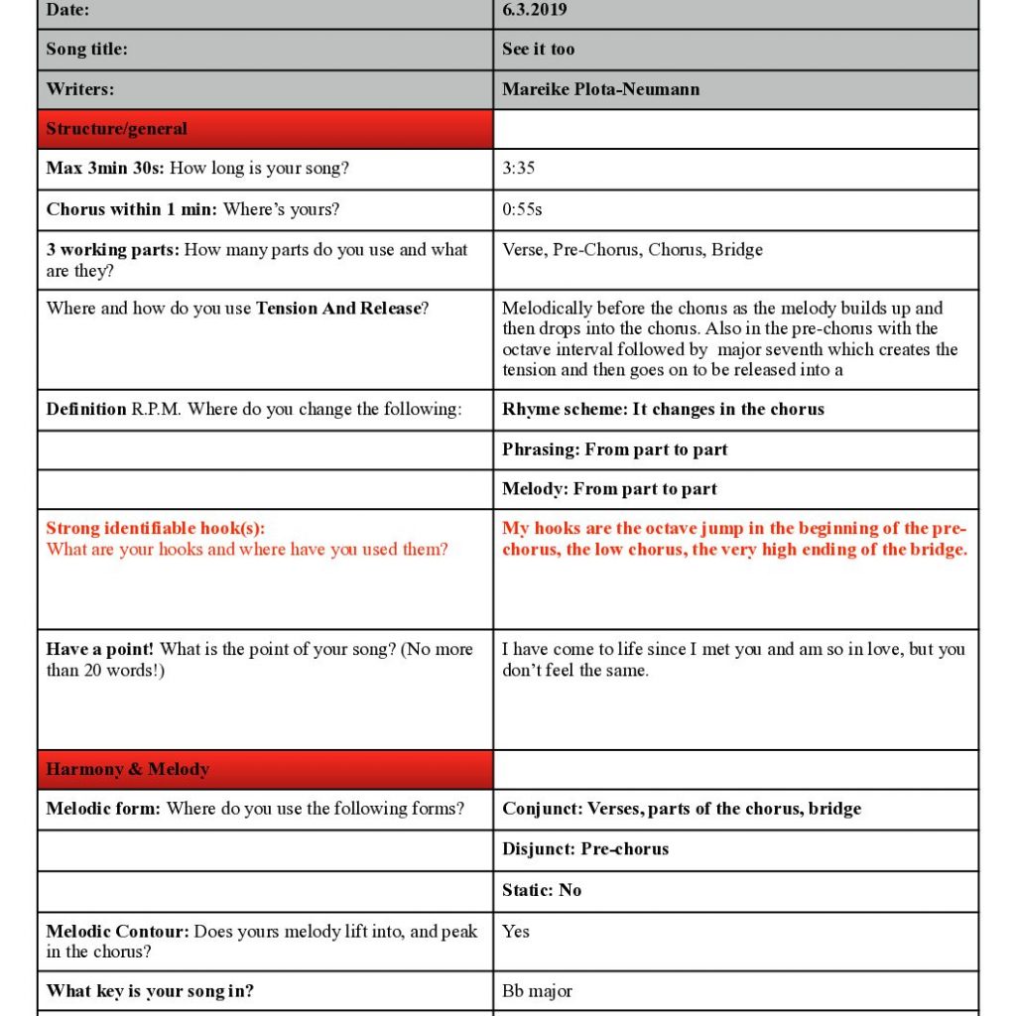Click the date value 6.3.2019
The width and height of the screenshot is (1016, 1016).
click(535, 10)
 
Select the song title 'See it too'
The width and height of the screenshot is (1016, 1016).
click(538, 50)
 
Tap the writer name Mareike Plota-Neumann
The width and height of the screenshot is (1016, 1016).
click(600, 89)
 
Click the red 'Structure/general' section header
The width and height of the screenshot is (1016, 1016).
click(116, 129)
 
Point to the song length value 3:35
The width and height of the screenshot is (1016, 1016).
click(518, 169)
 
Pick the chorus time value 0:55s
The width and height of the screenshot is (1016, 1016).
click(522, 209)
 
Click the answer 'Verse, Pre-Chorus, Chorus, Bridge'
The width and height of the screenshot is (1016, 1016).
click(632, 250)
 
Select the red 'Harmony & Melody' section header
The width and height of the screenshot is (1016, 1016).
click(127, 769)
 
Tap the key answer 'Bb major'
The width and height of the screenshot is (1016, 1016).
click(537, 991)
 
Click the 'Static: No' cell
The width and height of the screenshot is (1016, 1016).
click(542, 890)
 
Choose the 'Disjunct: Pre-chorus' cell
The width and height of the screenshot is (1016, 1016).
click(585, 849)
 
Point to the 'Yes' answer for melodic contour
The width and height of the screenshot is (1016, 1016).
click(516, 931)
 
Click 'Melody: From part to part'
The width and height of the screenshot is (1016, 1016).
click(609, 489)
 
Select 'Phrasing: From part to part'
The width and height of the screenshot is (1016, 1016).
click(614, 449)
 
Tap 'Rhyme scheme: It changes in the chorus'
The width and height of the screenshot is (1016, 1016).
click(663, 409)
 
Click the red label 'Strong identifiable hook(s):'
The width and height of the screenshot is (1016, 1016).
click(156, 529)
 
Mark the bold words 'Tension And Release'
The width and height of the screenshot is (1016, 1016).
click(337, 309)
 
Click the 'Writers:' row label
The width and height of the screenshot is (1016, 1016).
click(80, 89)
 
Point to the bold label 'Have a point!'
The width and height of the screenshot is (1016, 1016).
click(100, 650)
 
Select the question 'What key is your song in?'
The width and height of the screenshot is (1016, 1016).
click(150, 991)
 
